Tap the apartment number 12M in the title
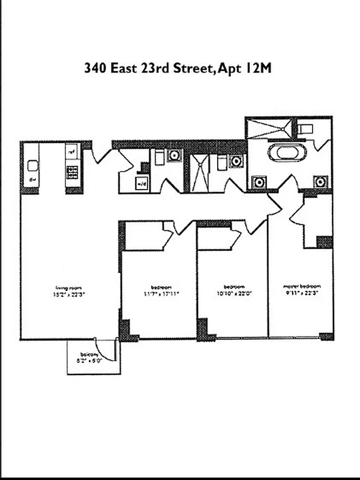[x=259, y=68]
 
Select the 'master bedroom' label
[x=302, y=286]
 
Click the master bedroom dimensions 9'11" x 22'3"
[x=302, y=293]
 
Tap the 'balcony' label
[x=89, y=356]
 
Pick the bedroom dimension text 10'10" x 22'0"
[x=233, y=293]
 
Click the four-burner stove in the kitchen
[x=72, y=173]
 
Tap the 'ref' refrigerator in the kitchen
[x=71, y=151]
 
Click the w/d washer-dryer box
[x=142, y=184]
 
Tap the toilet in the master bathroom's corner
[x=306, y=129]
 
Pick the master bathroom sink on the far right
[x=320, y=181]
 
